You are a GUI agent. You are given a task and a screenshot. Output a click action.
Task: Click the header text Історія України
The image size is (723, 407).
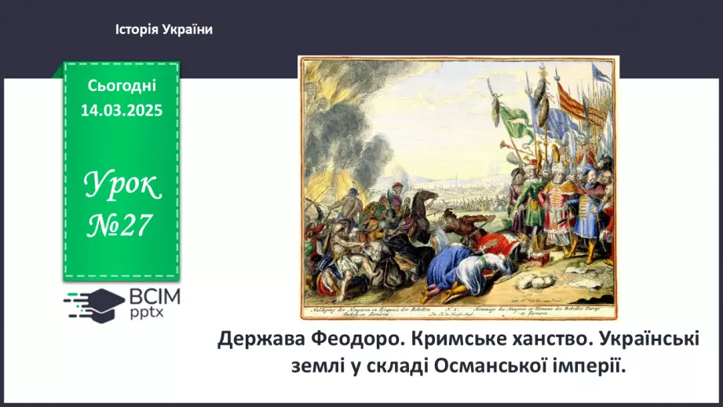coord(164,29)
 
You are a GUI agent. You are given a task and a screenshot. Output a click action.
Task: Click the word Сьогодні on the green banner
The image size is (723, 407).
coord(121,85)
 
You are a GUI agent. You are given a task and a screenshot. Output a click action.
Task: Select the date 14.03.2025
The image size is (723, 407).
coord(121,110)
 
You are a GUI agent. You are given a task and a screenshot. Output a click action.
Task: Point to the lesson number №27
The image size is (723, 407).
coord(121,227)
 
